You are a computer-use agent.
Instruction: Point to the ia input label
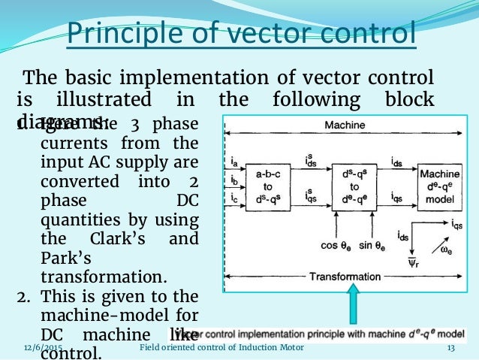point(235,161)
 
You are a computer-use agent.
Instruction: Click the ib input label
point(235,180)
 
